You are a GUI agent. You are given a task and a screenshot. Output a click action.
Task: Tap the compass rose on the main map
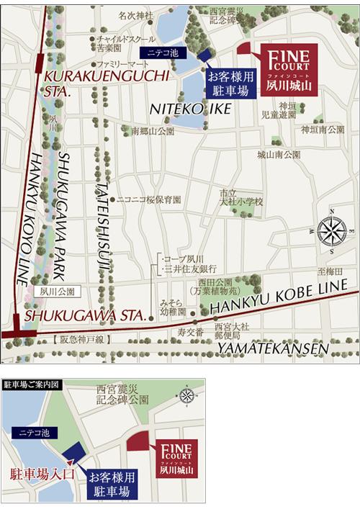pos(331,231)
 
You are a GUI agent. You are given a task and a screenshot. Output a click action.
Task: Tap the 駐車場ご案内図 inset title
pos(32,384)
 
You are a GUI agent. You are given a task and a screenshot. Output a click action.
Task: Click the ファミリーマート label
pos(120,64)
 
